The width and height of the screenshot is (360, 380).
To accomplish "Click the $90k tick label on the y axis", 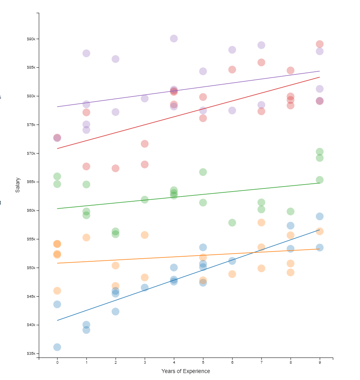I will (x=31, y=39).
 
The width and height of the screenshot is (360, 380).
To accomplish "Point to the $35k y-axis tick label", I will (x=31, y=354).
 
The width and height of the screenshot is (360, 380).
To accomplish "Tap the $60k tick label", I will (x=31, y=211).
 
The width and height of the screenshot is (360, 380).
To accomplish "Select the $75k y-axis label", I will (x=31, y=125).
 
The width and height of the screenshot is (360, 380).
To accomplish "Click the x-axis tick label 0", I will (x=57, y=363).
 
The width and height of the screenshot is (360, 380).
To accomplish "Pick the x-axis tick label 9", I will (x=320, y=363).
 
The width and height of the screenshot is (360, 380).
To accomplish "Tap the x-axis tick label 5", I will (x=203, y=363).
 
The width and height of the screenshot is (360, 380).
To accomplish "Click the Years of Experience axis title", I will (x=185, y=371).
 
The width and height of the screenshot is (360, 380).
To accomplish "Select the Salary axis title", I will (x=17, y=185).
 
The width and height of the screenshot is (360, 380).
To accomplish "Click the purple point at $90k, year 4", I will (x=174, y=38).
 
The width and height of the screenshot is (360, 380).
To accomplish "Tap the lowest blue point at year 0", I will (x=57, y=347).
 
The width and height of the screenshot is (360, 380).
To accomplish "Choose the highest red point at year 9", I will (x=320, y=44).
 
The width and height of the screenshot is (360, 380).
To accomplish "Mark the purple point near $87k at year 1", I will (x=86, y=53).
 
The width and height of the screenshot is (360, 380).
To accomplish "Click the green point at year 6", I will (x=232, y=223).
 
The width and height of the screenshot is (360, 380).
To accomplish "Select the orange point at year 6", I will (x=232, y=274).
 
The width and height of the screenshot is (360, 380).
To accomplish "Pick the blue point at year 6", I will (x=232, y=261).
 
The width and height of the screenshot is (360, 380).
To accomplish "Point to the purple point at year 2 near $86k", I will (x=115, y=59).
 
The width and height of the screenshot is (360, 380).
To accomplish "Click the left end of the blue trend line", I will (x=57, y=320).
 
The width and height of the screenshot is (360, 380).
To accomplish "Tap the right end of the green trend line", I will (x=320, y=183).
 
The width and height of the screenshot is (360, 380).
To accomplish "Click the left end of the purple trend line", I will (x=57, y=107).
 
